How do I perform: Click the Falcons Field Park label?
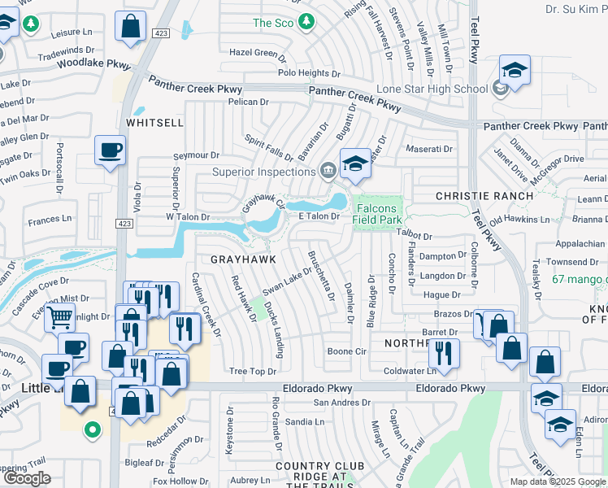[x=378, y=214]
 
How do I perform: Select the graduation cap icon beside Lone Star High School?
[x=514, y=70]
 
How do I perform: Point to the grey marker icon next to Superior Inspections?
[x=328, y=171]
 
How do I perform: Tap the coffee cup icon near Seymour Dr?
[x=110, y=150]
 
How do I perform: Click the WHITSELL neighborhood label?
[x=154, y=121]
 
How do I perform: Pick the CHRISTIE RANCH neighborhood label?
[x=472, y=196]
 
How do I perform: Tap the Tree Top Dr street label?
[x=253, y=371]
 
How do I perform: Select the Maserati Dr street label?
[x=429, y=149]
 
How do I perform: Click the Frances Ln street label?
[x=50, y=220]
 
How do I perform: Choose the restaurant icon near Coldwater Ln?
[x=444, y=351]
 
